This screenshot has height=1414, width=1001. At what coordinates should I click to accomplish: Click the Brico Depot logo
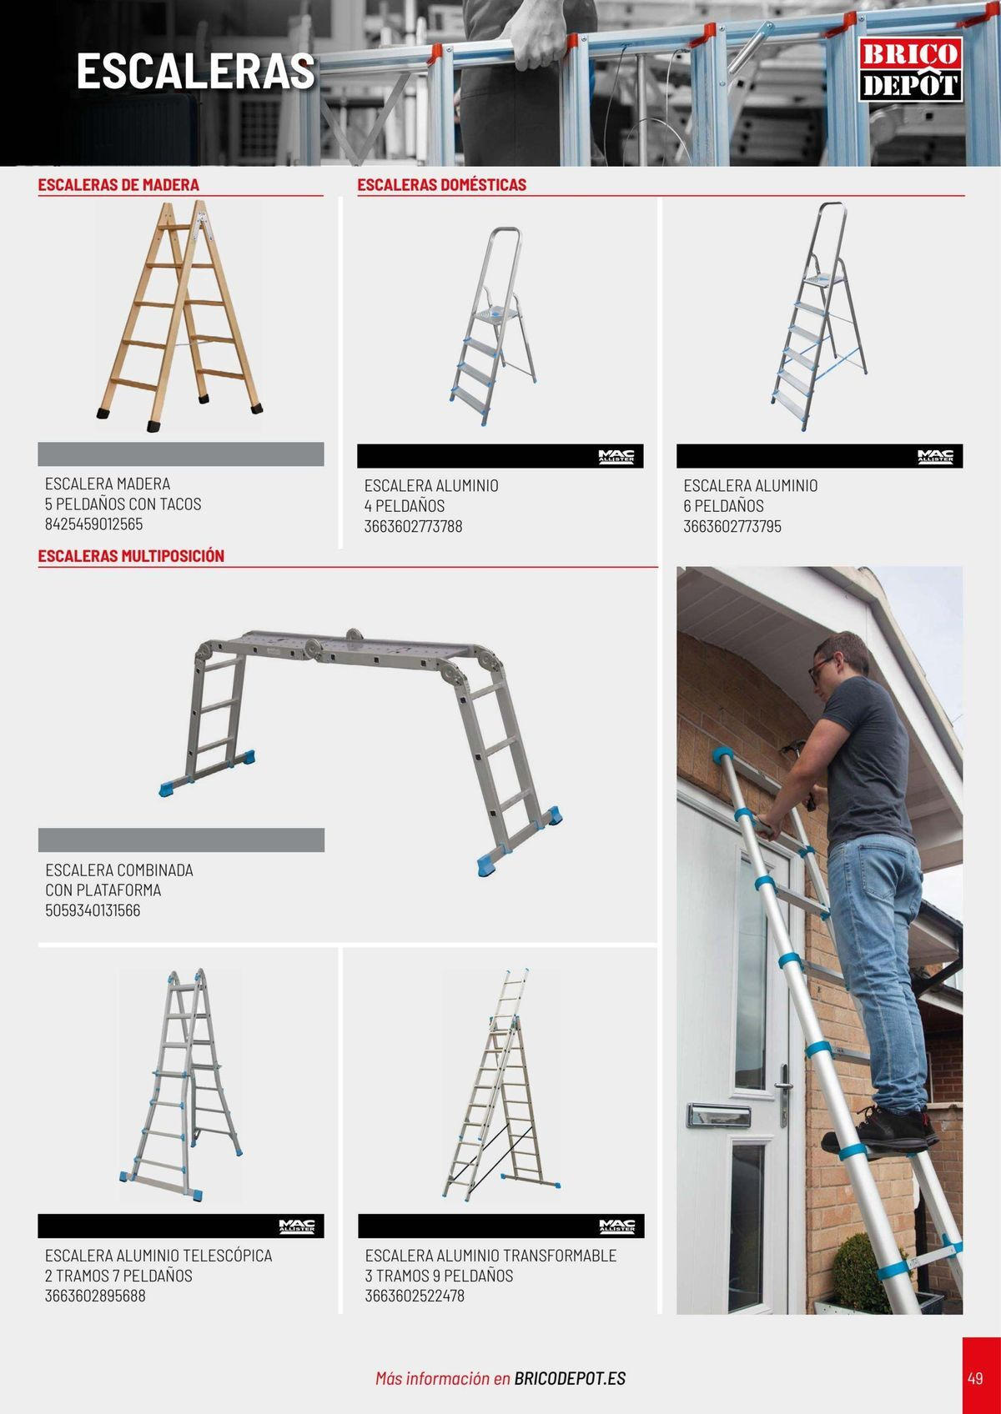(x=910, y=68)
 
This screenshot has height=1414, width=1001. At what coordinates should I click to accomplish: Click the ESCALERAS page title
(x=196, y=72)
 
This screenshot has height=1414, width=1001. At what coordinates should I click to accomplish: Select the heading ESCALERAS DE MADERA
(x=118, y=185)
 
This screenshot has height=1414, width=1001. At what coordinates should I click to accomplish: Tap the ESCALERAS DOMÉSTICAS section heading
(x=441, y=185)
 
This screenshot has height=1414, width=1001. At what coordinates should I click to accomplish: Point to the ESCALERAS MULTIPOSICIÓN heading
(x=131, y=556)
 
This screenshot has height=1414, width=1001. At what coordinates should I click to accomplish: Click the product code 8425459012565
(x=93, y=524)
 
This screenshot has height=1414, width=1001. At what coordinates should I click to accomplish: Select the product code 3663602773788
(x=413, y=526)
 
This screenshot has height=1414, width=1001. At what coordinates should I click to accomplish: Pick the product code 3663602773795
(x=732, y=526)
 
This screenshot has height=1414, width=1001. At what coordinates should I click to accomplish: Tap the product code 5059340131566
(x=93, y=910)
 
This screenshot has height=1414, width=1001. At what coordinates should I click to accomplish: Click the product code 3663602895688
(x=95, y=1296)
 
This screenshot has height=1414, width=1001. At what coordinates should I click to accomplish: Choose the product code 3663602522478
(x=415, y=1296)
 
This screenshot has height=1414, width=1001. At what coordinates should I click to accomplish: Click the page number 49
(x=975, y=1376)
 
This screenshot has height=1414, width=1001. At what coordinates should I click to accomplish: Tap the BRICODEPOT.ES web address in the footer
(x=570, y=1378)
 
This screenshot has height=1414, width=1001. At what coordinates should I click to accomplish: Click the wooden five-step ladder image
(x=180, y=316)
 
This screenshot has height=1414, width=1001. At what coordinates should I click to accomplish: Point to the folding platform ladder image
(x=360, y=751)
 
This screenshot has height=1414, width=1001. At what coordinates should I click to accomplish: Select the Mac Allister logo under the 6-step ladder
(x=935, y=456)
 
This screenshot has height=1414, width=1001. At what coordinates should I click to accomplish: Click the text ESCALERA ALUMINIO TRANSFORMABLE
(x=490, y=1256)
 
